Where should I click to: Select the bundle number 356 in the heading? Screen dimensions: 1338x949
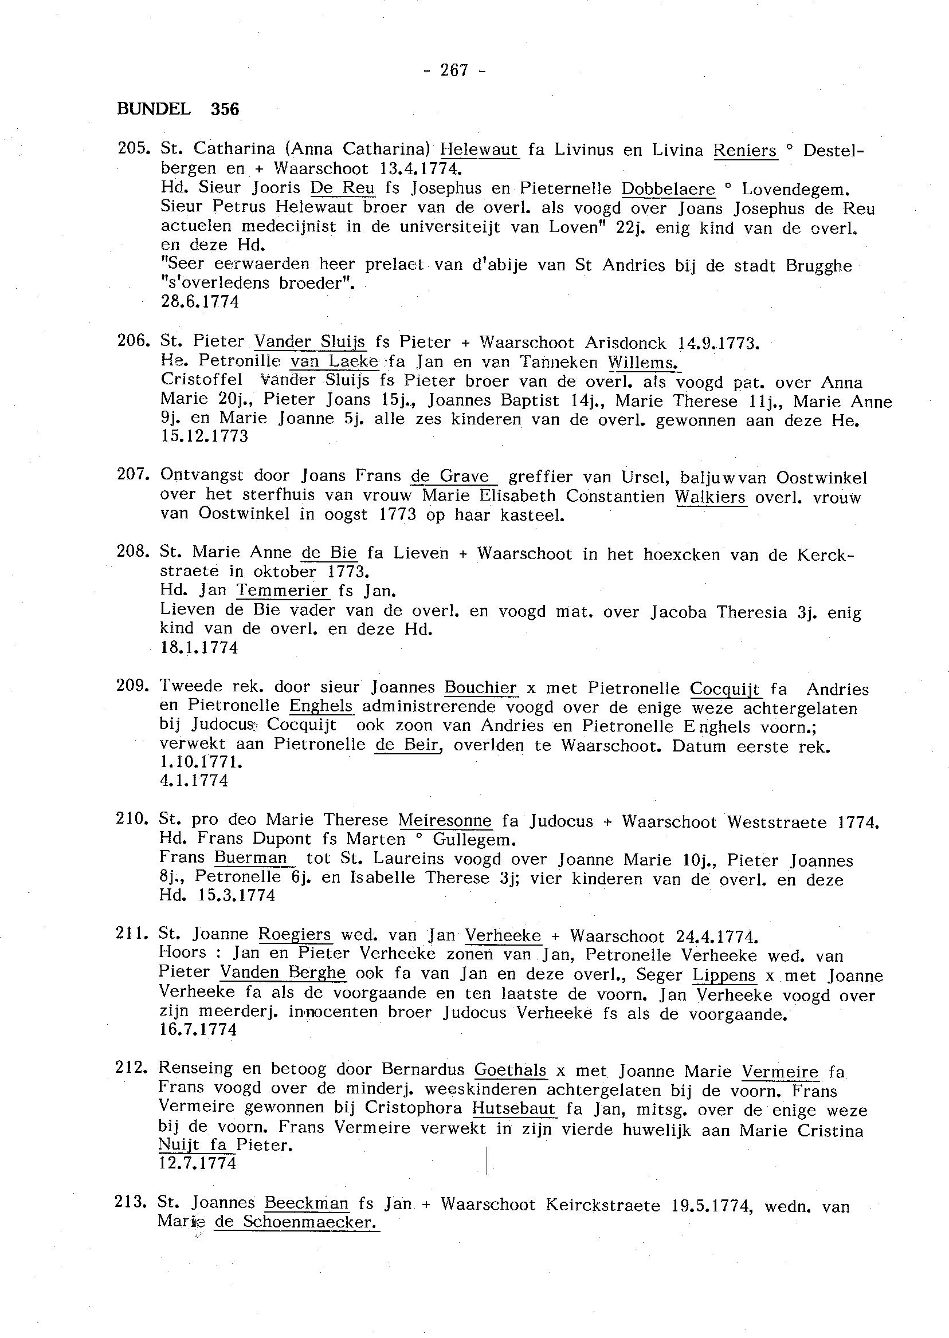tap(226, 109)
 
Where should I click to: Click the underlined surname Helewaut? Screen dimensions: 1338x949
tap(479, 149)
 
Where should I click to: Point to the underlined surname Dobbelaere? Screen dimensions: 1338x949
tap(668, 189)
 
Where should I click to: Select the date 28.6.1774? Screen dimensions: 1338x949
tap(199, 302)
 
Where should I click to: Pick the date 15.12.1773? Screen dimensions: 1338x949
tap(204, 436)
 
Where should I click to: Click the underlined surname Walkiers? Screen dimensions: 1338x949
tap(710, 497)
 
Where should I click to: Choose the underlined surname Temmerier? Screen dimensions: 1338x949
tap(283, 591)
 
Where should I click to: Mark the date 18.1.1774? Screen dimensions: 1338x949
tap(199, 648)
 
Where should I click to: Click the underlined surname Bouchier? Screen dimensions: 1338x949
tap(481, 687)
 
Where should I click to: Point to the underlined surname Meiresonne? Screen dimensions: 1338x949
tap(445, 821)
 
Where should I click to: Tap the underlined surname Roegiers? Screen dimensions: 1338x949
tap(295, 935)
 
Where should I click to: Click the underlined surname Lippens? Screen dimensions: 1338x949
tap(724, 975)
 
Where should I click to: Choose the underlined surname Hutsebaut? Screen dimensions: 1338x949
tap(513, 1108)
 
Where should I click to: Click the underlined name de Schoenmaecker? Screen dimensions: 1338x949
tap(296, 1222)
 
